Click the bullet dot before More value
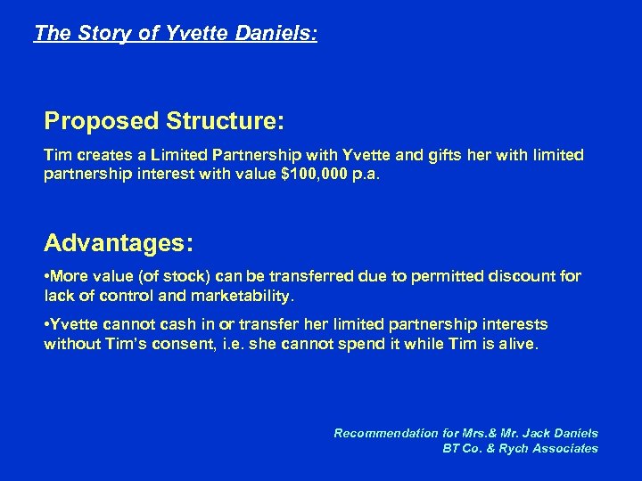pos(47,277)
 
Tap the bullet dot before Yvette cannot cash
pos(47,324)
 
